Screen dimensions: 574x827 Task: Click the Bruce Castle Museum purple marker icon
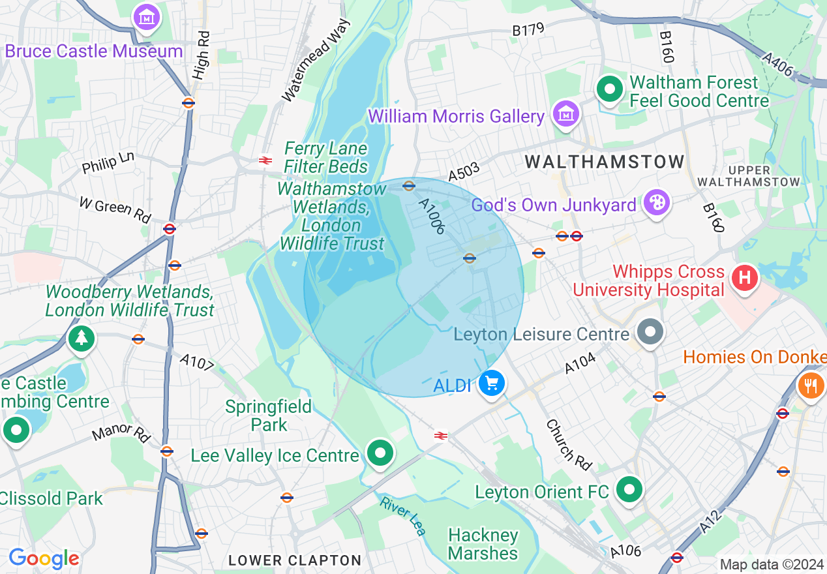(x=147, y=18)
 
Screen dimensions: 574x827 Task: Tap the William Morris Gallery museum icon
(x=566, y=114)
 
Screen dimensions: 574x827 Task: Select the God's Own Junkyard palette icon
(x=656, y=203)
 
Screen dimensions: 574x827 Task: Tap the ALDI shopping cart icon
(x=492, y=384)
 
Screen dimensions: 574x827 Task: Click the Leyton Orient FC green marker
(x=629, y=489)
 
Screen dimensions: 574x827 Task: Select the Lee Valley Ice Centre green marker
(x=380, y=453)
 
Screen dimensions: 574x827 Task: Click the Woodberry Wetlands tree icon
(x=82, y=338)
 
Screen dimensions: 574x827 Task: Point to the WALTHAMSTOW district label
(x=605, y=162)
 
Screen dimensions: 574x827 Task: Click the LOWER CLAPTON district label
(x=295, y=560)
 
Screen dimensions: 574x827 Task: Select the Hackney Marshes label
(x=483, y=545)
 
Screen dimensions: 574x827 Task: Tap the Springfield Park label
(x=268, y=415)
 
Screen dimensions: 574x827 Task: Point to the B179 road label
(x=528, y=29)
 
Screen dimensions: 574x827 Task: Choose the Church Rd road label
(x=569, y=445)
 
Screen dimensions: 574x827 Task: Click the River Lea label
(x=403, y=515)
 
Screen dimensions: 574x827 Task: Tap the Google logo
(x=44, y=559)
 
